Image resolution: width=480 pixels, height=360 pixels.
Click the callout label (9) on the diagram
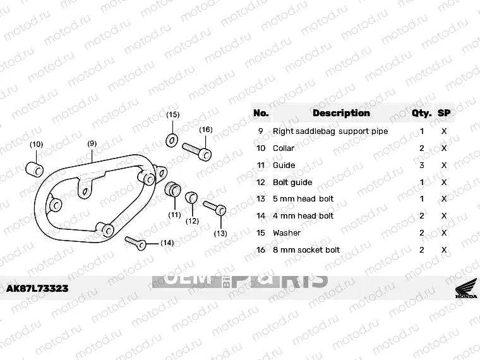(92, 143)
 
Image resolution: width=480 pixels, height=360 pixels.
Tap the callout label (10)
(37, 144)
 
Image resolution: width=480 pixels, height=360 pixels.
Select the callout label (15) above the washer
(172, 114)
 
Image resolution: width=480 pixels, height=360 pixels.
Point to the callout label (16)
(206, 129)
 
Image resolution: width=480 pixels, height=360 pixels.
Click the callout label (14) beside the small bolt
(167, 243)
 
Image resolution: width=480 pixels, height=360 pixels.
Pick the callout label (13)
(220, 233)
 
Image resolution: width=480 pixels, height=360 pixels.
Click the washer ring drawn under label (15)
(171, 138)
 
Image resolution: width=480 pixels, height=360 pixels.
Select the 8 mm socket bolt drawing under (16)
(197, 151)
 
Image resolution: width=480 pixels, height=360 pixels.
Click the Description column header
(341, 113)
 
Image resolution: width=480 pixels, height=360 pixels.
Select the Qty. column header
(421, 114)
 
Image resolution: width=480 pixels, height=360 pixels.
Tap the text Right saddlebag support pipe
(330, 131)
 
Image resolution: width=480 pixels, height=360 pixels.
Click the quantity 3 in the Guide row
(422, 165)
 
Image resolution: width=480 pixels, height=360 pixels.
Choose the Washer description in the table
(287, 233)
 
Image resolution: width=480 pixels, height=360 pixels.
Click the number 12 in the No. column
(261, 183)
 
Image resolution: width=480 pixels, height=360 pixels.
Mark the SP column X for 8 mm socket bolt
(444, 250)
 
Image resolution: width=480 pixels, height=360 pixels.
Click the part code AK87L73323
(37, 289)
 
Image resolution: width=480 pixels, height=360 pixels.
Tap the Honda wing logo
(467, 290)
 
